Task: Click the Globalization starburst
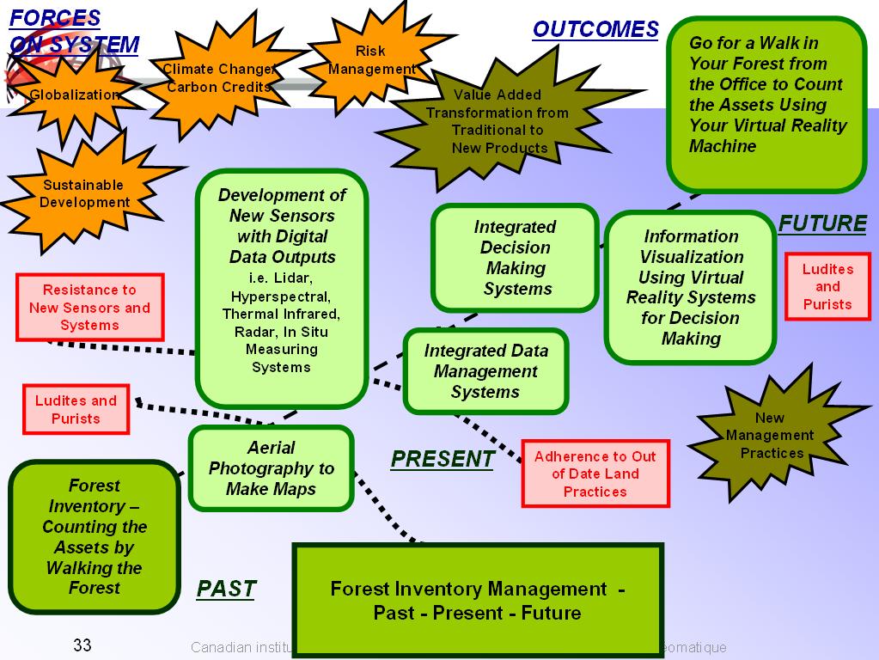click(x=73, y=95)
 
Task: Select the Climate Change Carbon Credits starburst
click(x=218, y=77)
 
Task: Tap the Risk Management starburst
click(x=370, y=60)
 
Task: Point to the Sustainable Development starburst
click(x=83, y=193)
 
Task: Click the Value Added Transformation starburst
click(x=497, y=121)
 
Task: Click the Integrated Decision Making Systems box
click(x=515, y=258)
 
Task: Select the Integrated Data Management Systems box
click(x=485, y=371)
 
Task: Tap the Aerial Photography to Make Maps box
click(x=271, y=468)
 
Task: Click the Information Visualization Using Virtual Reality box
click(x=690, y=287)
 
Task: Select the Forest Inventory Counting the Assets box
click(x=94, y=537)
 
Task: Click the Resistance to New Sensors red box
click(x=89, y=308)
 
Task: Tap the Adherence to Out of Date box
click(x=595, y=474)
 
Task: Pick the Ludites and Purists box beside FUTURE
click(x=827, y=287)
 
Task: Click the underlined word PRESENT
click(x=442, y=460)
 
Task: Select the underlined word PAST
click(x=226, y=589)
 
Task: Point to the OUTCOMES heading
click(x=595, y=29)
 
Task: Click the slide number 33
click(x=82, y=645)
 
